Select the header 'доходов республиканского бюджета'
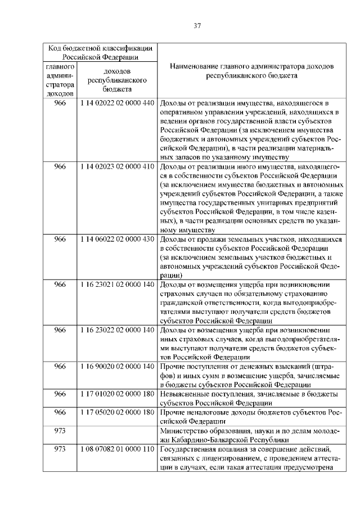click(117, 80)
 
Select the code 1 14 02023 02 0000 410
click(117, 166)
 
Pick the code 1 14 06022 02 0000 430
click(117, 240)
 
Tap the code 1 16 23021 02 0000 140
click(117, 285)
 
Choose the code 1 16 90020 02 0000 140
click(117, 366)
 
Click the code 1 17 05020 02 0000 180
click(117, 412)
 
